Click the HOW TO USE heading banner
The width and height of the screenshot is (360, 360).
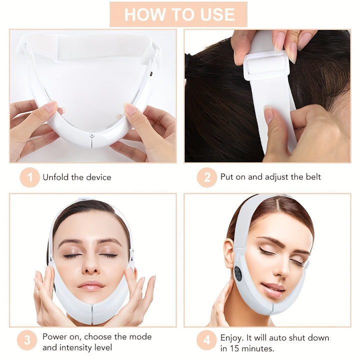179,14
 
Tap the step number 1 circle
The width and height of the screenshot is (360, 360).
29,177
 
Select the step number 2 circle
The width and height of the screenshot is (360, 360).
207,177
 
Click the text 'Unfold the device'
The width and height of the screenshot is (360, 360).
77,177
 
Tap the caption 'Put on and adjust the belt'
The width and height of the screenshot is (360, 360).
270,177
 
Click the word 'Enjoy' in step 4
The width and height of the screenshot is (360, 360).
232,337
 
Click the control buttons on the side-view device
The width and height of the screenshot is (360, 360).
237,273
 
